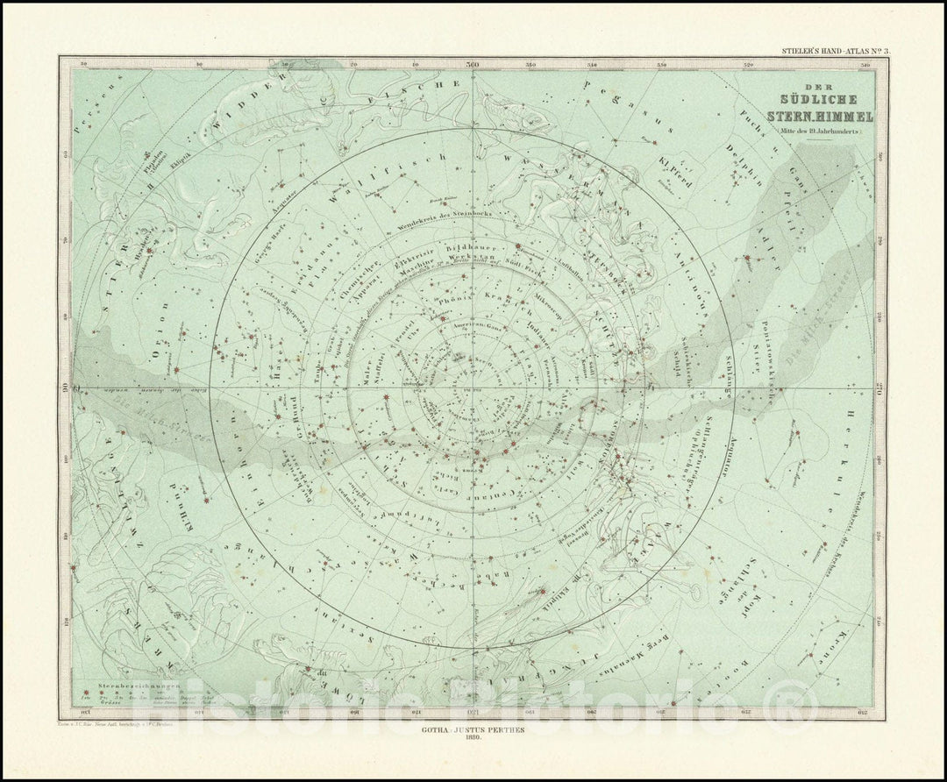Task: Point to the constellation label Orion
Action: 159,343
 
